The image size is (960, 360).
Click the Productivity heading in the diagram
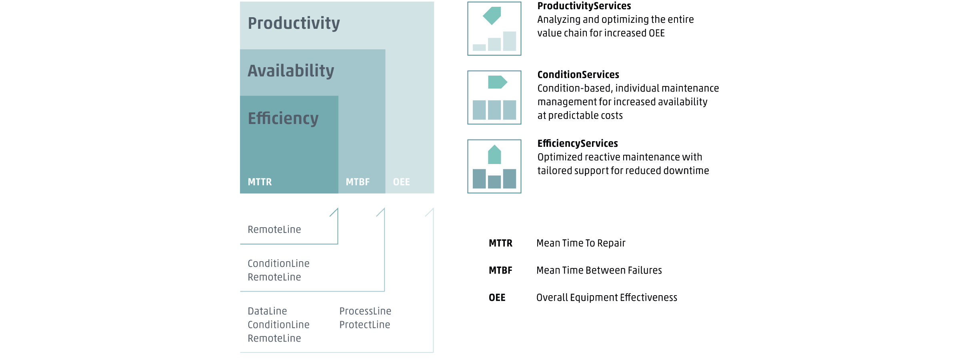click(294, 24)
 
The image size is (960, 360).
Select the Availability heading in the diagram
click(291, 71)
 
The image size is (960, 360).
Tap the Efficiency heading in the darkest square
click(283, 118)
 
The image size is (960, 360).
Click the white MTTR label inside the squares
click(260, 182)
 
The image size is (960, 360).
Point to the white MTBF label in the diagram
click(358, 182)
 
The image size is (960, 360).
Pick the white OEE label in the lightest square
click(402, 182)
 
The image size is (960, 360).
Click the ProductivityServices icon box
click(494, 29)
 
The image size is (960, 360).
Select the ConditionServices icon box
click(494, 98)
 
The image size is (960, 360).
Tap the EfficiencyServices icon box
click(494, 166)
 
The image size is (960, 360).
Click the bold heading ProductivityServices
click(584, 6)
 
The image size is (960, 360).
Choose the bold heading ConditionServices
click(578, 75)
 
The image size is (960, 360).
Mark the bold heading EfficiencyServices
click(578, 144)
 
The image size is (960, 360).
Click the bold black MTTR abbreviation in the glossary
click(500, 243)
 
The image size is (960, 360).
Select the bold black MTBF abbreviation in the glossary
click(500, 270)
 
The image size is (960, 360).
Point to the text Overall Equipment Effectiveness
click(607, 298)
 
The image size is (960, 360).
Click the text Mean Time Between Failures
click(599, 270)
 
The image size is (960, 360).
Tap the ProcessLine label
click(365, 311)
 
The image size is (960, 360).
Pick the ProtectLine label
click(365, 325)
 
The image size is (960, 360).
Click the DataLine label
click(267, 311)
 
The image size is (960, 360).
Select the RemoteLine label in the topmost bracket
click(274, 230)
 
